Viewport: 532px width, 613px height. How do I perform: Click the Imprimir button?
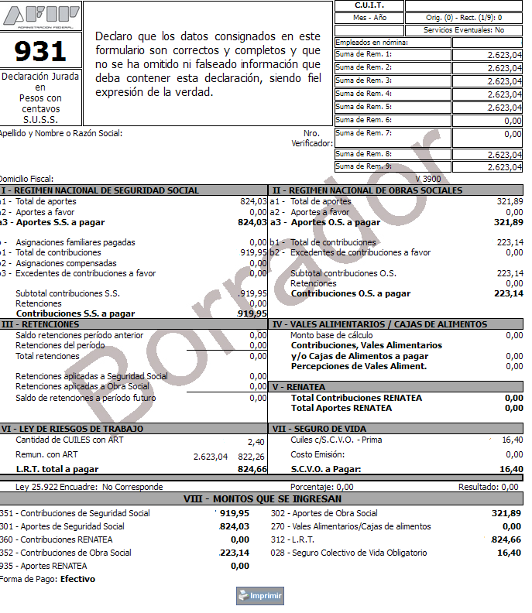tap(260, 596)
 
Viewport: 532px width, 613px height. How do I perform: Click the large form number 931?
tap(40, 51)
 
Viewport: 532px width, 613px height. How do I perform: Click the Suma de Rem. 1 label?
tap(364, 55)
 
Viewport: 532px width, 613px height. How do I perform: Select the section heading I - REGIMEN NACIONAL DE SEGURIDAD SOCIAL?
tap(101, 190)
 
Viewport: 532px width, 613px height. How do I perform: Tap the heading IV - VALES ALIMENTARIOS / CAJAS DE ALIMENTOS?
tap(379, 324)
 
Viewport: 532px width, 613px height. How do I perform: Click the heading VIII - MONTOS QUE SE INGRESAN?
tap(262, 499)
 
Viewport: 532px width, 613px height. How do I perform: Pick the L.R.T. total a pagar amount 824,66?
tap(252, 469)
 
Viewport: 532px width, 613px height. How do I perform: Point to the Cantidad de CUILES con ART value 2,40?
tap(256, 441)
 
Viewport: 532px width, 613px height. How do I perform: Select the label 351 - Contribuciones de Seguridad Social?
tap(75, 513)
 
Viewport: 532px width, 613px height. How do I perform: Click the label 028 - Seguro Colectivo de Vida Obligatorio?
tap(348, 553)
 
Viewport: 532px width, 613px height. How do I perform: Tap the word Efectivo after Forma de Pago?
tap(78, 579)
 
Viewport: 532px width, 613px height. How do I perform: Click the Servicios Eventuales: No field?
tap(464, 30)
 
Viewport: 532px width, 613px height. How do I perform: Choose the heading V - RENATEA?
tap(299, 386)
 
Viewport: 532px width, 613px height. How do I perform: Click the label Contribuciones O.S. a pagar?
tap(351, 293)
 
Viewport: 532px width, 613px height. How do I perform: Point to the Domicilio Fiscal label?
tap(26, 179)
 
